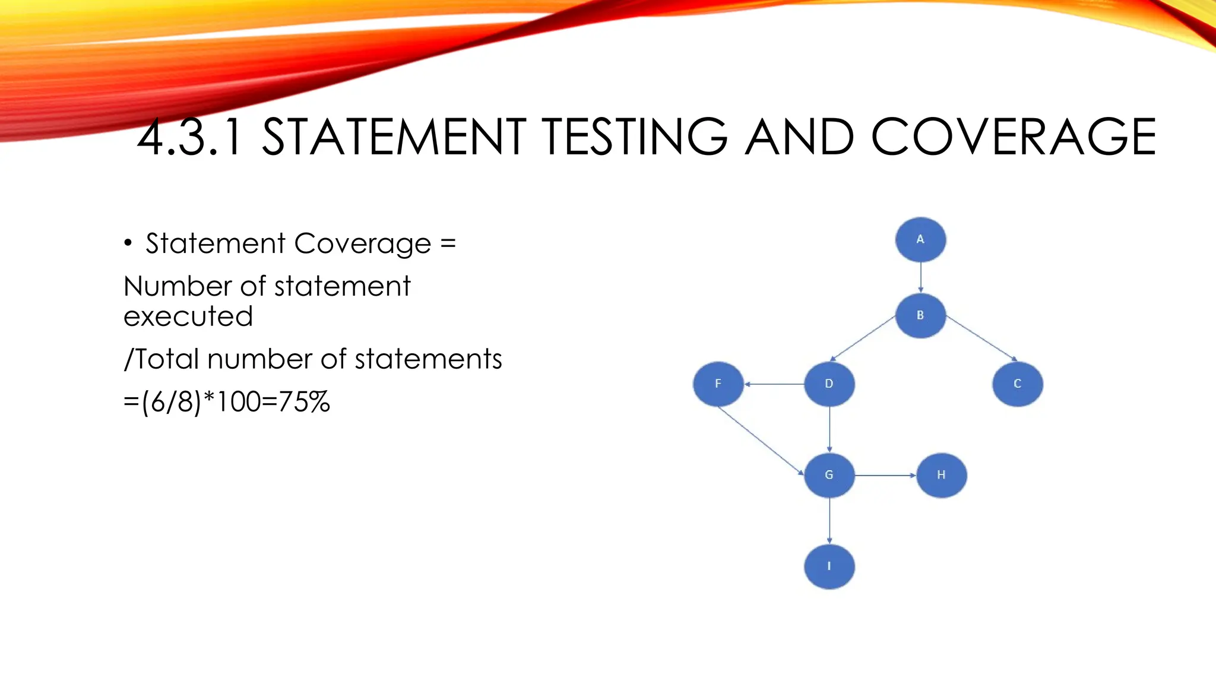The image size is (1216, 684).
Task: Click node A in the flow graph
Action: (x=920, y=240)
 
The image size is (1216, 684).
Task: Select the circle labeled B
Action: (x=920, y=315)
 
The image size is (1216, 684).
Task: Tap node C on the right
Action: (x=1017, y=384)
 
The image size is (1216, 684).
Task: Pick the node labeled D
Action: (x=829, y=384)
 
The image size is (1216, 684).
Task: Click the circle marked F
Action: (x=718, y=384)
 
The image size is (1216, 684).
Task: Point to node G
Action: (x=829, y=475)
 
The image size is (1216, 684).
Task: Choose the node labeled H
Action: (x=942, y=475)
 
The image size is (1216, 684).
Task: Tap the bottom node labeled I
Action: (x=829, y=566)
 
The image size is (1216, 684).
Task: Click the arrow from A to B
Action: (x=920, y=277)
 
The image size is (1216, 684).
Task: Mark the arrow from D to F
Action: (x=774, y=384)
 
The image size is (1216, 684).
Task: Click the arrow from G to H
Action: (x=885, y=475)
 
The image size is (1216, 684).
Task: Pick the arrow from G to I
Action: (x=829, y=521)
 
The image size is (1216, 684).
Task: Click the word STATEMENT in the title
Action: (x=394, y=137)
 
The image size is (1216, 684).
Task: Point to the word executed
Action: (x=188, y=316)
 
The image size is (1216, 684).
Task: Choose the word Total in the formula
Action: (x=167, y=359)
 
